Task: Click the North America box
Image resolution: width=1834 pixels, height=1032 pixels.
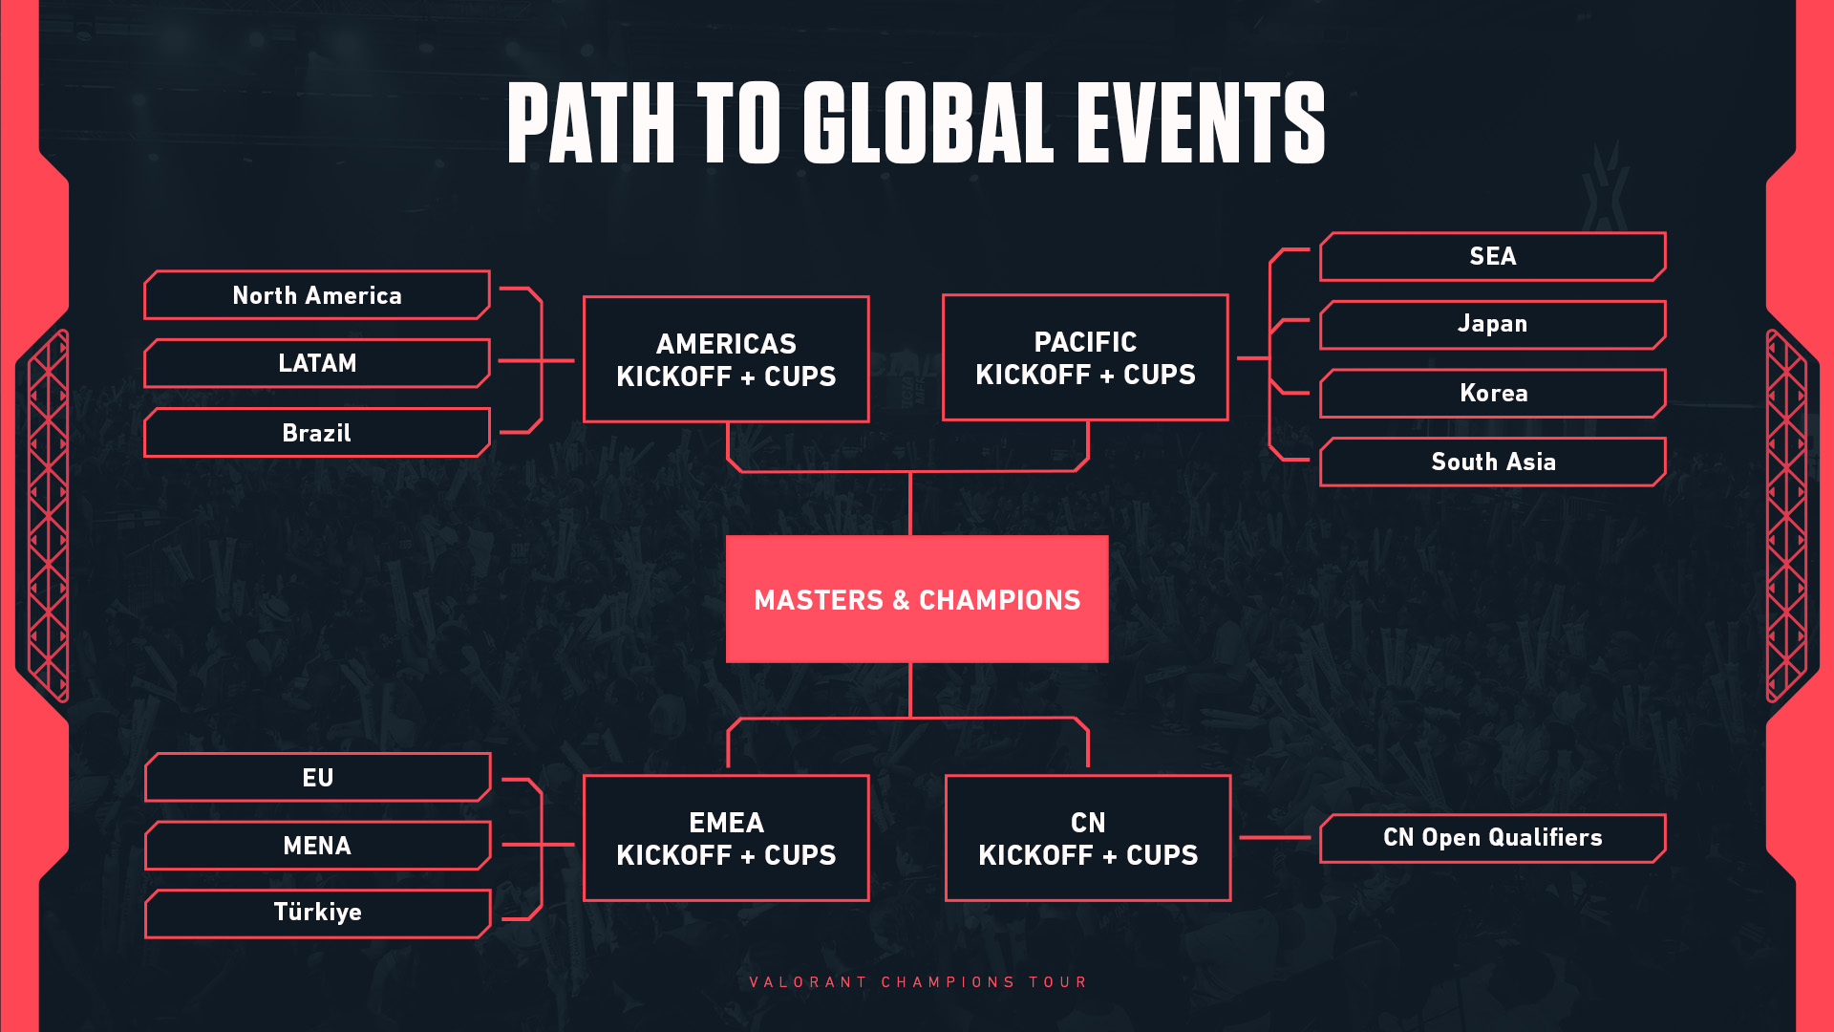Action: [x=317, y=295]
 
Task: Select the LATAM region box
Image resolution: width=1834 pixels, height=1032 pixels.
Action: [x=317, y=363]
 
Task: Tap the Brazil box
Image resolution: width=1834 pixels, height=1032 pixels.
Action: [x=317, y=433]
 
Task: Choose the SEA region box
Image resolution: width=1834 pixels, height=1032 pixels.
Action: [x=1492, y=256]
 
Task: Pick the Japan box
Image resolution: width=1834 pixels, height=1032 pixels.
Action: [x=1492, y=324]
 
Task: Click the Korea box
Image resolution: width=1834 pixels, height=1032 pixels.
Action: [x=1492, y=393]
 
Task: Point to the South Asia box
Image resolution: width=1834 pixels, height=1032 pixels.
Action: [x=1492, y=462]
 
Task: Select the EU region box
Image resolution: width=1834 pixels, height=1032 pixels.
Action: [x=317, y=778]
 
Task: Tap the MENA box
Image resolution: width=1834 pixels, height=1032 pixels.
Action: [x=317, y=846]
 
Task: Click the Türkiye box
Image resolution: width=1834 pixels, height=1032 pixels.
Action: [x=317, y=913]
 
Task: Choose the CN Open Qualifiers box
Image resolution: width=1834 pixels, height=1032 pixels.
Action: [x=1492, y=838]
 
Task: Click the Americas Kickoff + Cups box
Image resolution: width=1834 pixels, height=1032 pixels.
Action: [x=726, y=359]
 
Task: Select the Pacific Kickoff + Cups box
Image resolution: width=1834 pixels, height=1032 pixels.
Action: [x=1085, y=357]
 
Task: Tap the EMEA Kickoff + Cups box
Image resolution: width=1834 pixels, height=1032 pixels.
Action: [x=726, y=838]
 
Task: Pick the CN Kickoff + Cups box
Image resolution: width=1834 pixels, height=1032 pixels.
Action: [x=1088, y=838]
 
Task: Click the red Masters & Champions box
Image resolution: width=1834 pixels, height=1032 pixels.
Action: [x=917, y=599]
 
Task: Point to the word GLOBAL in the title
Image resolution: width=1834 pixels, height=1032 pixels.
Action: [x=928, y=122]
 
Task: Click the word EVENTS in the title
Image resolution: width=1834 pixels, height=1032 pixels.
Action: [x=1201, y=122]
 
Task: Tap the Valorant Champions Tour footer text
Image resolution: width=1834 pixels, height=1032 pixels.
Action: [x=917, y=982]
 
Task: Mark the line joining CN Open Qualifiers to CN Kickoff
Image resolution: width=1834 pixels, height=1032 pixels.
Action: [x=1275, y=838]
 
